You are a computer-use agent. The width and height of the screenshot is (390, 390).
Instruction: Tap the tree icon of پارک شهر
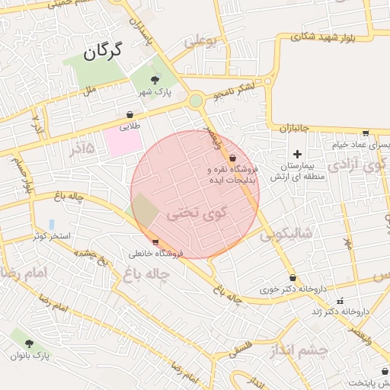click(155, 79)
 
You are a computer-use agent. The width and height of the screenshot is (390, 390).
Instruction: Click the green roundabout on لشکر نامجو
click(197, 100)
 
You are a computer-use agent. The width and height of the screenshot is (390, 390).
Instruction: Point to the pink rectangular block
click(123, 140)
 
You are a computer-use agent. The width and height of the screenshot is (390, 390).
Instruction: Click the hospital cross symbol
click(297, 155)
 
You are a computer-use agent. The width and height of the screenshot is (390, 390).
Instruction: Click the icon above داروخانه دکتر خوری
click(293, 278)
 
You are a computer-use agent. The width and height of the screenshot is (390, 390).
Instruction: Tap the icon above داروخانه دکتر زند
click(340, 301)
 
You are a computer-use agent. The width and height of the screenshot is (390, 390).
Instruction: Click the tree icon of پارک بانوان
click(29, 344)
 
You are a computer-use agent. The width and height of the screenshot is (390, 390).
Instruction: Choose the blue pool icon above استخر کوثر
click(51, 224)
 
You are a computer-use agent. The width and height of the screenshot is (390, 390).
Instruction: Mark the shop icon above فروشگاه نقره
click(232, 158)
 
